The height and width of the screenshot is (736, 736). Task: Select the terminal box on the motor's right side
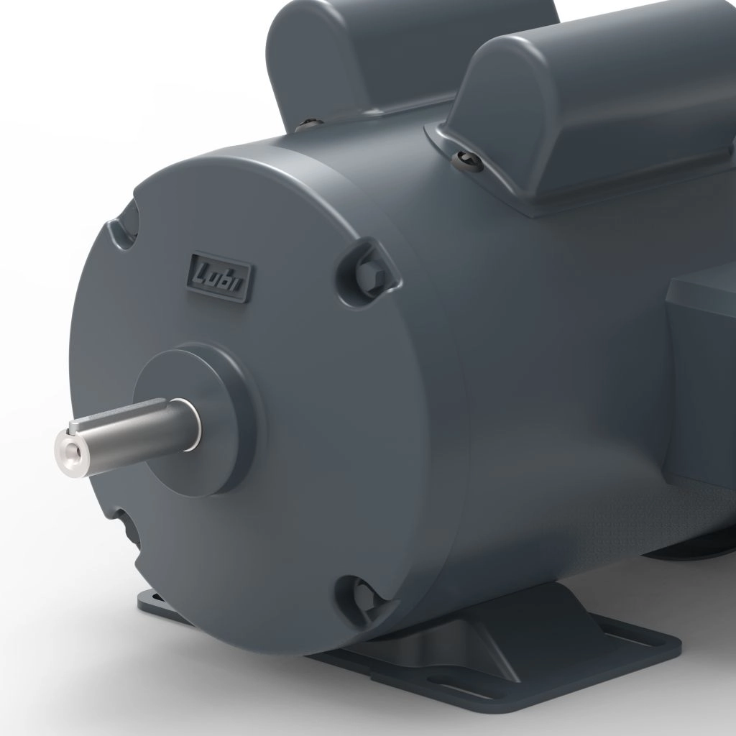(701, 374)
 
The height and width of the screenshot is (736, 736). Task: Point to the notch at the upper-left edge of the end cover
(124, 223)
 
